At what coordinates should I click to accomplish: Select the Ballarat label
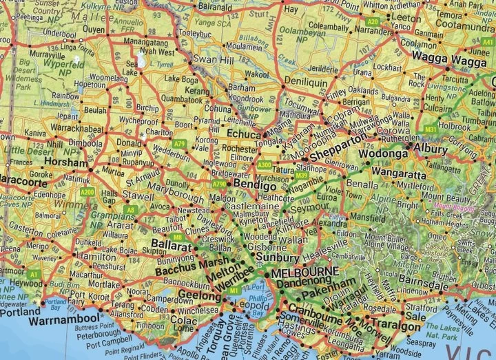click(171, 244)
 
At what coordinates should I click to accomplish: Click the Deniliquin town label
click(308, 81)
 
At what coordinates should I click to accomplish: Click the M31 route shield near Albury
click(431, 129)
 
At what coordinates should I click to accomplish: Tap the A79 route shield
click(180, 143)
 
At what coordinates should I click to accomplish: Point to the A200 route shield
click(87, 191)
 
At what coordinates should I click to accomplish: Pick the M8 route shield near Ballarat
click(177, 237)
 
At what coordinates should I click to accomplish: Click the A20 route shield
click(373, 22)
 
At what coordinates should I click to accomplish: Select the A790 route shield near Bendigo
click(219, 184)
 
